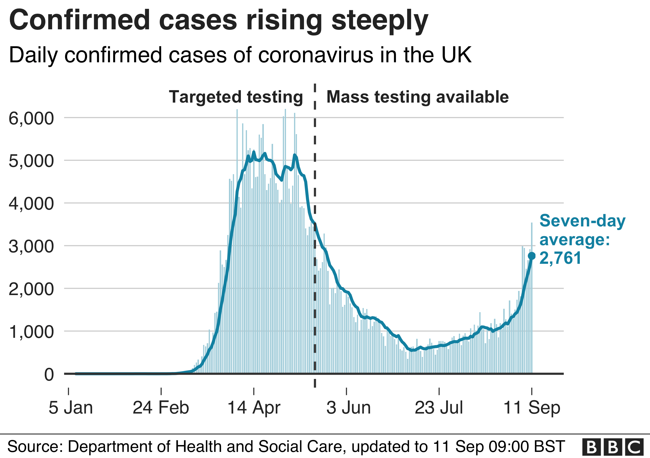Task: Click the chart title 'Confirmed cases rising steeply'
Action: [218, 21]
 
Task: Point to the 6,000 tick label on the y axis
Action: [31, 118]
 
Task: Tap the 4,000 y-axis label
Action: [31, 204]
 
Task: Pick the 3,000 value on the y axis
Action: [31, 246]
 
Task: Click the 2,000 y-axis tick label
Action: [31, 289]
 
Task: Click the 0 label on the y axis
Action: [49, 374]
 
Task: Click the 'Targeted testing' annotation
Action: [236, 97]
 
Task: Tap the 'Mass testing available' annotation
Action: [418, 97]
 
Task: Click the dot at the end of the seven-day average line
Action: [532, 256]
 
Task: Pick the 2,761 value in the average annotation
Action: [560, 258]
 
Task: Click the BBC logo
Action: [613, 447]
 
